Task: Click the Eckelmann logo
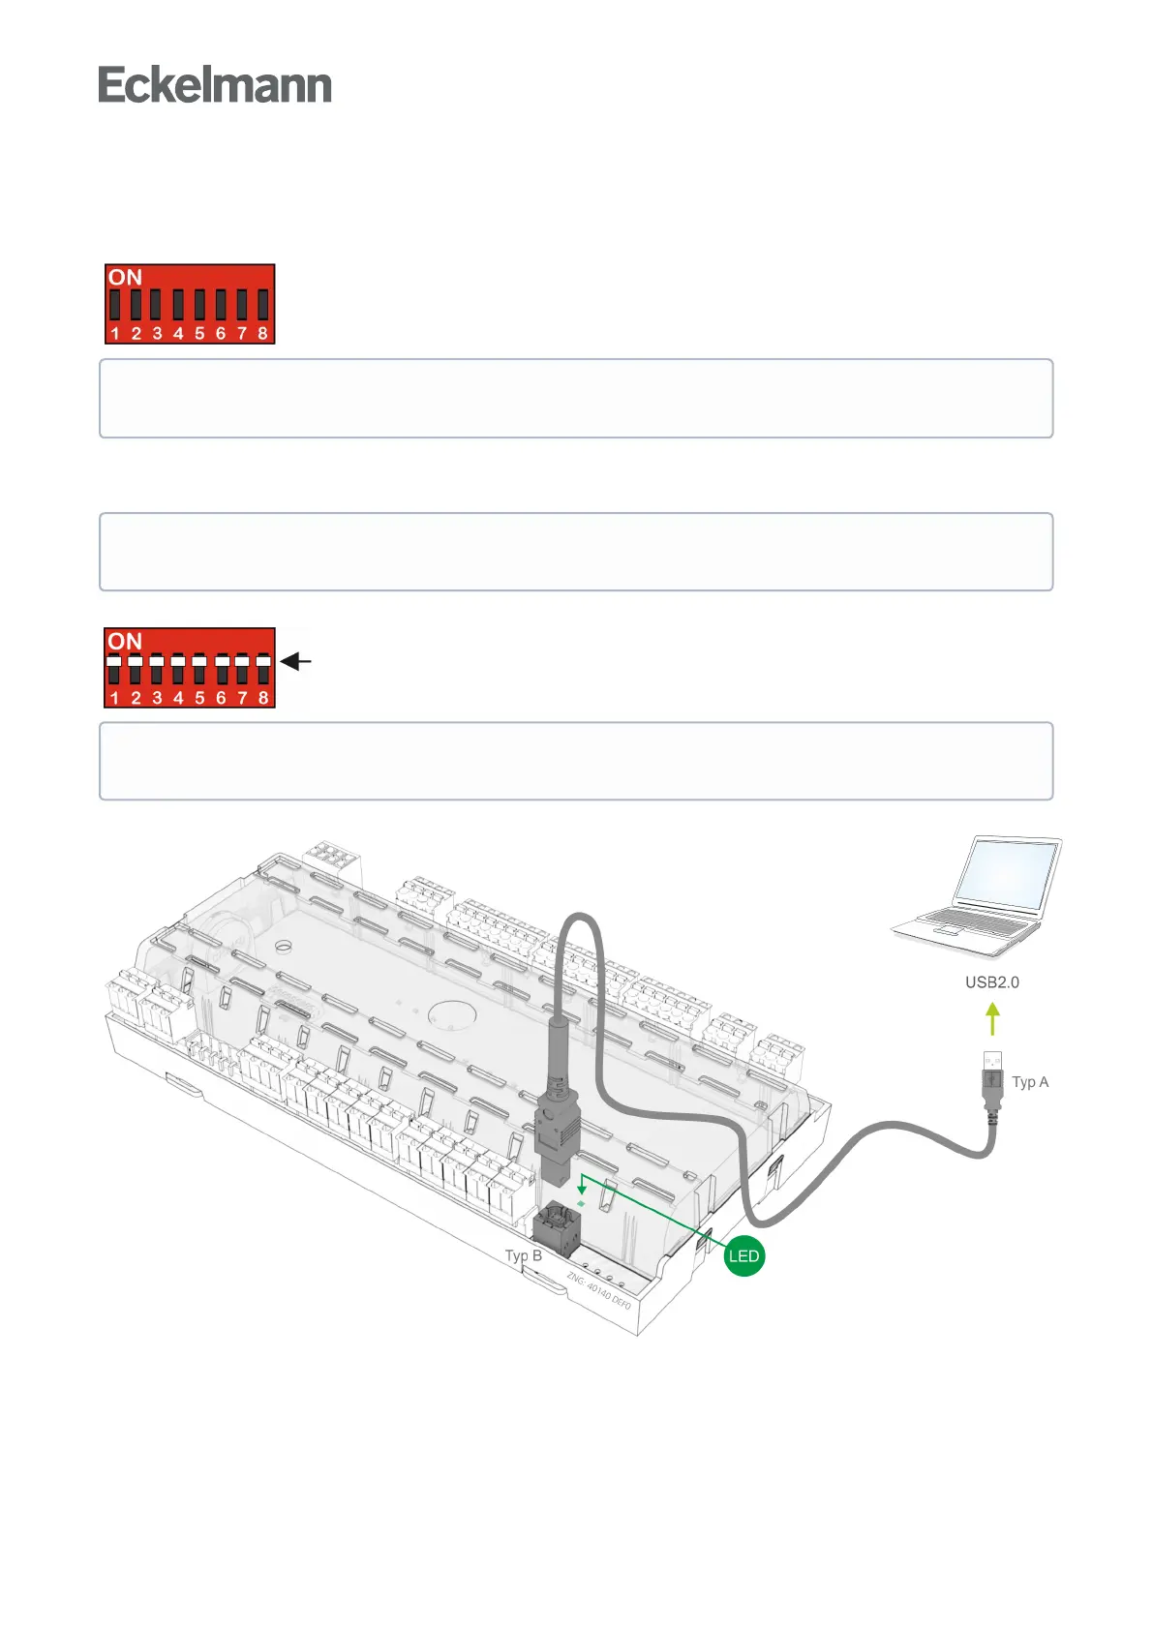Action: (215, 85)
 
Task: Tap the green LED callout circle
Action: (743, 1256)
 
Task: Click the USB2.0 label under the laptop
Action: (991, 982)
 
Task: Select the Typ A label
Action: (1030, 1082)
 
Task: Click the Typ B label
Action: (523, 1255)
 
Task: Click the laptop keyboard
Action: (973, 921)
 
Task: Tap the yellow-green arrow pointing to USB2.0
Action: (992, 1019)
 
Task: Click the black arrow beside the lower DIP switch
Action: (296, 662)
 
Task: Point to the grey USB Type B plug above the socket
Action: (557, 1137)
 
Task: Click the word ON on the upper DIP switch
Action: (125, 278)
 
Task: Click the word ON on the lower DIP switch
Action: (125, 642)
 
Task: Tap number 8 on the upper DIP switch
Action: (262, 334)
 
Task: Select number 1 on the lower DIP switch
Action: (114, 698)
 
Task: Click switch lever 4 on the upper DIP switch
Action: (178, 304)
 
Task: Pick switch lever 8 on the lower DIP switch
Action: (262, 668)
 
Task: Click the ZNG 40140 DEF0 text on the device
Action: (598, 1291)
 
